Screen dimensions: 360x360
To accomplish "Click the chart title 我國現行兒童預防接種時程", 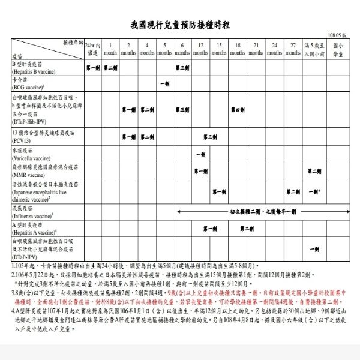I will [180, 25].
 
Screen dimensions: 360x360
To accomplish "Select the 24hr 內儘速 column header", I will [92, 49].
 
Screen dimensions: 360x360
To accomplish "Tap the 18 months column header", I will [238, 49].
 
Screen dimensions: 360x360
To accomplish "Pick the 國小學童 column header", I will [338, 49].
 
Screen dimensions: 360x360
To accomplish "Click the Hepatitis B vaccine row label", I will [36, 67].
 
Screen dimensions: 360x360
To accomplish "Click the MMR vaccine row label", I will [36, 172].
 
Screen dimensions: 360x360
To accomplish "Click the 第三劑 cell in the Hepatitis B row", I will [182, 68].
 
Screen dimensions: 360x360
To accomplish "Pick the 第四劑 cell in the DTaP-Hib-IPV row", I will [238, 110].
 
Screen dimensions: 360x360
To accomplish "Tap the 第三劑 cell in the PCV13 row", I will [209, 137].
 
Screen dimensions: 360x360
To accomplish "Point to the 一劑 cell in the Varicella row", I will [200, 155].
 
